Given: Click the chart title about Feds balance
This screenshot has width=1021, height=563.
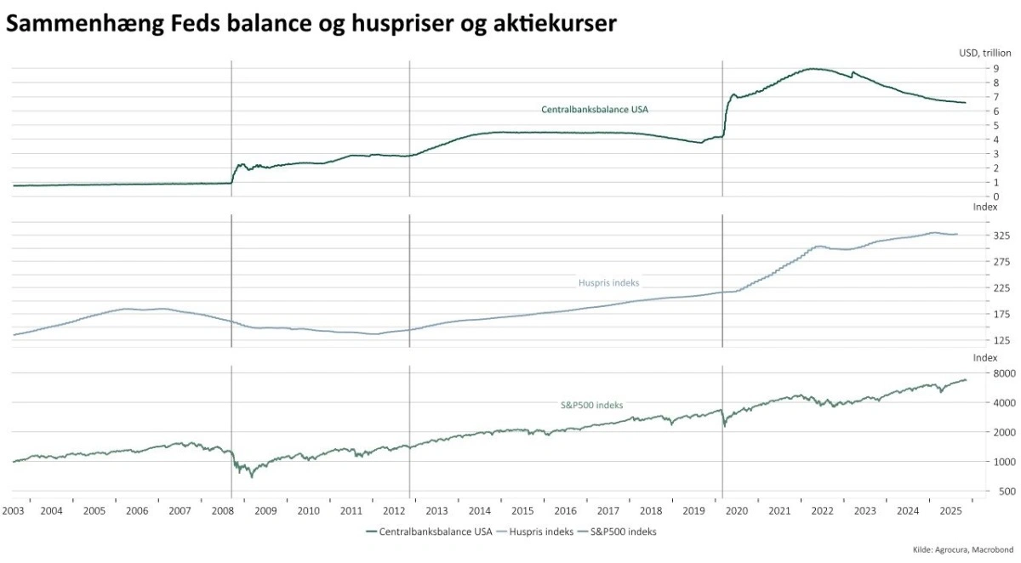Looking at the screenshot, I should point(311,24).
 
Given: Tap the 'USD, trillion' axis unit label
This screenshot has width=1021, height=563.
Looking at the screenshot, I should point(984,53).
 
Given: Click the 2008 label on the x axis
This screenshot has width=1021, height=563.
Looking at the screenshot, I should point(223,511).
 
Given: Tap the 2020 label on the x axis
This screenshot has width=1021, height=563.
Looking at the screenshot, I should point(737,511).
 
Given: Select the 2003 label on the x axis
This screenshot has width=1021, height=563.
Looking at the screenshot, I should point(13,511).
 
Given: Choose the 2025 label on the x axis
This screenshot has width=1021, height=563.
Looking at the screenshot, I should point(951,511).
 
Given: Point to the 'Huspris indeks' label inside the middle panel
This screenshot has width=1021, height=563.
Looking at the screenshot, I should point(608,281).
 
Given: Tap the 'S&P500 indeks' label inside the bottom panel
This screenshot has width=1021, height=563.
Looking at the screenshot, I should point(590,406).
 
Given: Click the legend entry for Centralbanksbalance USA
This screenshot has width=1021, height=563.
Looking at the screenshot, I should point(429,532).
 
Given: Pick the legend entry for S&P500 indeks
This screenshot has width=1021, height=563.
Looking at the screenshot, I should point(616,532).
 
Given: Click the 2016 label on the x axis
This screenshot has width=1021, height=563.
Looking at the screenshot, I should point(566,511).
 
